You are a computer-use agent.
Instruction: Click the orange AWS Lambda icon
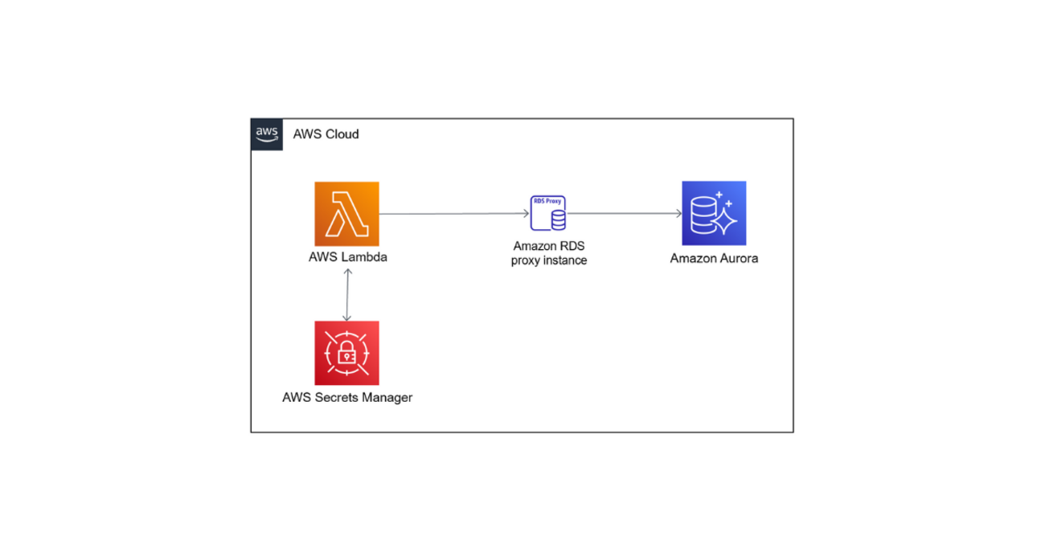[x=346, y=214]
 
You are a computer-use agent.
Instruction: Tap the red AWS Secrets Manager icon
[x=346, y=353]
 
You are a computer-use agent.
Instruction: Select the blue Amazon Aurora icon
[x=714, y=213]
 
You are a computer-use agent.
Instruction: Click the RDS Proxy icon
[x=548, y=213]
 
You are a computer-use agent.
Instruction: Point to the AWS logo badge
[x=267, y=134]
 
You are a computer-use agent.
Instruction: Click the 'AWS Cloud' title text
[x=326, y=134]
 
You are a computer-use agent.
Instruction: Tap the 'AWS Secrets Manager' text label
[x=347, y=397]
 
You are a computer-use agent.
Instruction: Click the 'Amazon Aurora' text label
[x=714, y=259]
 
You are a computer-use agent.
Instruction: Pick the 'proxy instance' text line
[x=548, y=260]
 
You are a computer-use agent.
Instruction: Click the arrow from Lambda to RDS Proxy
[x=450, y=214]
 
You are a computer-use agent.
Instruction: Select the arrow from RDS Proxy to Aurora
[x=623, y=214]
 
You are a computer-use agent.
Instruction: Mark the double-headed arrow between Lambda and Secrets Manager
[x=346, y=294]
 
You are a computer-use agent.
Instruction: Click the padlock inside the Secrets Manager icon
[x=346, y=354]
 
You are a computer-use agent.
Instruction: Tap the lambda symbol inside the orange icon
[x=346, y=214]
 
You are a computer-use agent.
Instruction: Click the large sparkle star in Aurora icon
[x=724, y=219]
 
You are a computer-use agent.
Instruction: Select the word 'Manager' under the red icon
[x=387, y=397]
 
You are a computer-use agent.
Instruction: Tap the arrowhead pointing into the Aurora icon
[x=678, y=214]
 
